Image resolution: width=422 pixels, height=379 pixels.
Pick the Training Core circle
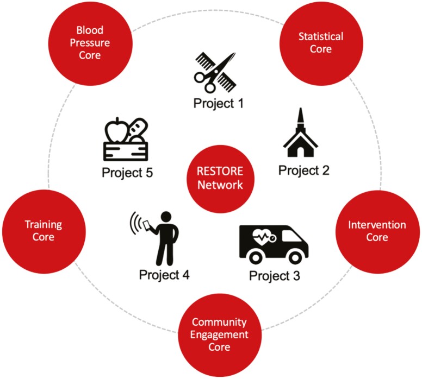pyautogui.click(x=44, y=231)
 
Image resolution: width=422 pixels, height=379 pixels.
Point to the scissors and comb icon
pyautogui.click(x=214, y=72)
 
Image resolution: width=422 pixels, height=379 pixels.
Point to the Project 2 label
pyautogui.click(x=304, y=170)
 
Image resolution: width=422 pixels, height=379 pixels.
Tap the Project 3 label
pyautogui.click(x=274, y=275)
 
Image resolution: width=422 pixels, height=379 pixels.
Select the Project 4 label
pyautogui.click(x=164, y=275)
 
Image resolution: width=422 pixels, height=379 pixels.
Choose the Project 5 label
pyautogui.click(x=127, y=173)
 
